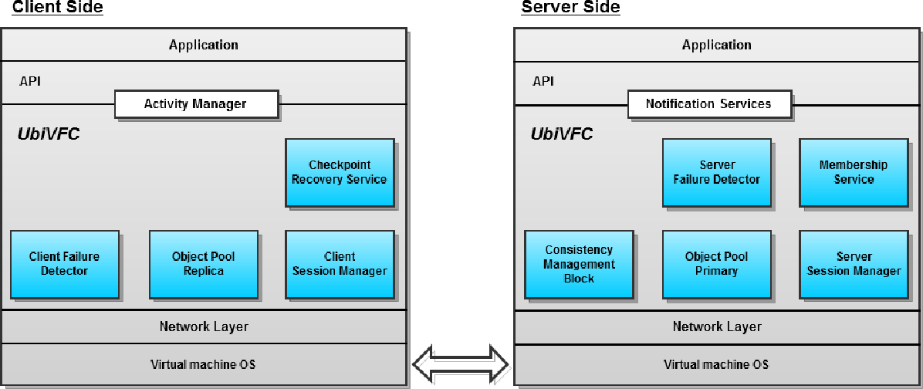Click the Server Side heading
point(570,8)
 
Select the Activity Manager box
point(195,104)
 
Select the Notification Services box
point(708,104)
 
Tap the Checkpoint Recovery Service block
point(340,172)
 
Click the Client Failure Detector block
point(65,264)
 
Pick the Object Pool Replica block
point(204,264)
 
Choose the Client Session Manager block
point(340,264)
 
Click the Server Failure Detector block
point(717,172)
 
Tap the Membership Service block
point(854,172)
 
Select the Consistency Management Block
point(579,264)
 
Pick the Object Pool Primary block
point(717,264)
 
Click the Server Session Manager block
point(854,264)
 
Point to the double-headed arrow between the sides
point(461,361)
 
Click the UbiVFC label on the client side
point(49,134)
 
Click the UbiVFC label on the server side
point(562,134)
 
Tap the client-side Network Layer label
point(204,326)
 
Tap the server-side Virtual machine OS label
point(716,364)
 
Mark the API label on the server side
point(543,81)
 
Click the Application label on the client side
point(204,46)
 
